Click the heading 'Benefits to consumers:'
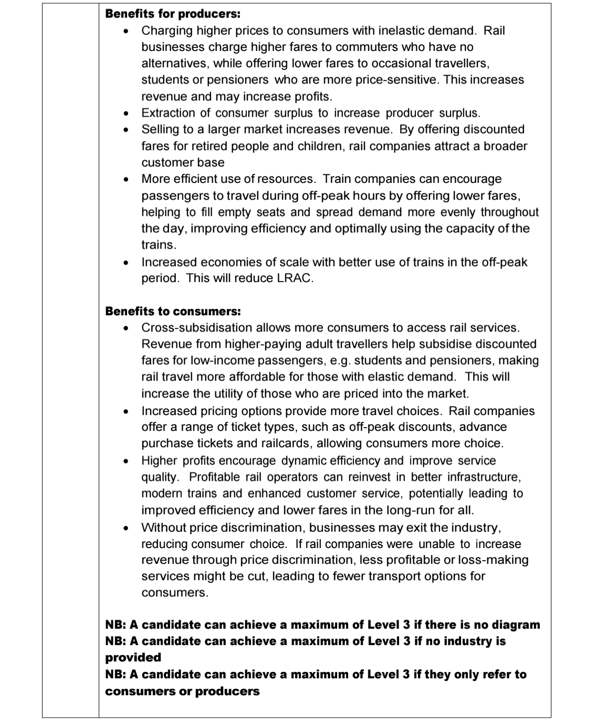click(x=173, y=311)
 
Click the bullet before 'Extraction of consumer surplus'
click(x=125, y=113)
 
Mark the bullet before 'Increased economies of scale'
click(x=125, y=262)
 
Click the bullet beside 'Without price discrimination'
click(x=125, y=528)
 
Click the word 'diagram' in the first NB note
click(x=515, y=625)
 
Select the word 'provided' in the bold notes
click(x=133, y=657)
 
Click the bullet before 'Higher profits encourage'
click(x=125, y=461)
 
